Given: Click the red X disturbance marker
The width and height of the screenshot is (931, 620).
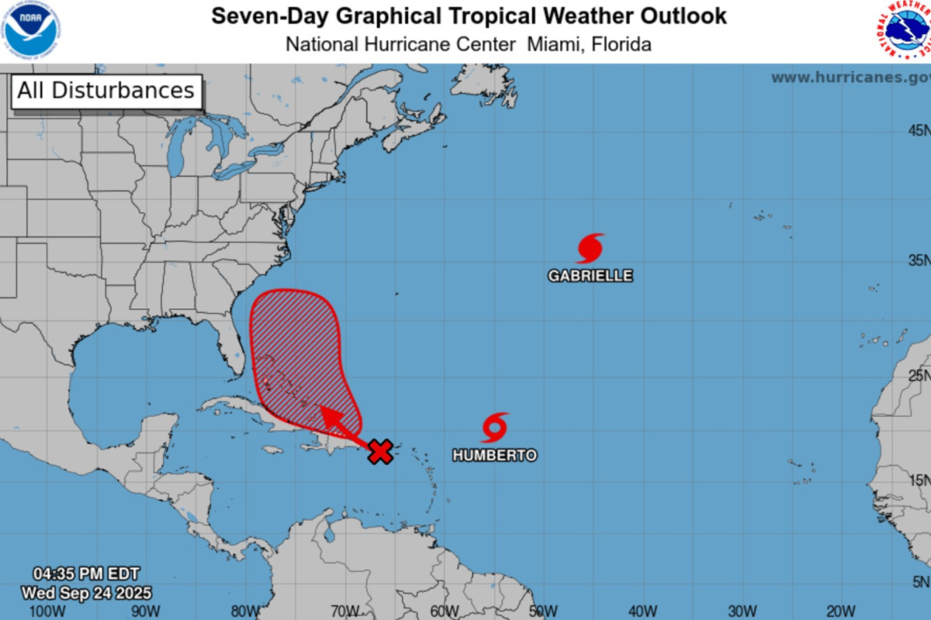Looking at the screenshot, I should (379, 451).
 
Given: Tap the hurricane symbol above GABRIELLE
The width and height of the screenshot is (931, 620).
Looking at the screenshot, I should (590, 248).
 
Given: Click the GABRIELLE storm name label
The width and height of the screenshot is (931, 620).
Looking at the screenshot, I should (590, 276).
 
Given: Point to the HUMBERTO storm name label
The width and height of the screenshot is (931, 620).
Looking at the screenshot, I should (494, 456).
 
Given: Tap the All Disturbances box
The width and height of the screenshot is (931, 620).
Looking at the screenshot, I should (106, 91).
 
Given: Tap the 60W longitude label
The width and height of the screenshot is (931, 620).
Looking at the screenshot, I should (445, 611).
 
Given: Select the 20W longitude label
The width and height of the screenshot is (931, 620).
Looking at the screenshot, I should (843, 611).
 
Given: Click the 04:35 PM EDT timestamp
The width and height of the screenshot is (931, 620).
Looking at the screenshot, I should (85, 574).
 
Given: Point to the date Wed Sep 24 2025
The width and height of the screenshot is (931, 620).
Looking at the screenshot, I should (86, 593).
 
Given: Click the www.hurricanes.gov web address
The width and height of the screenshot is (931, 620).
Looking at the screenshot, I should (850, 77).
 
